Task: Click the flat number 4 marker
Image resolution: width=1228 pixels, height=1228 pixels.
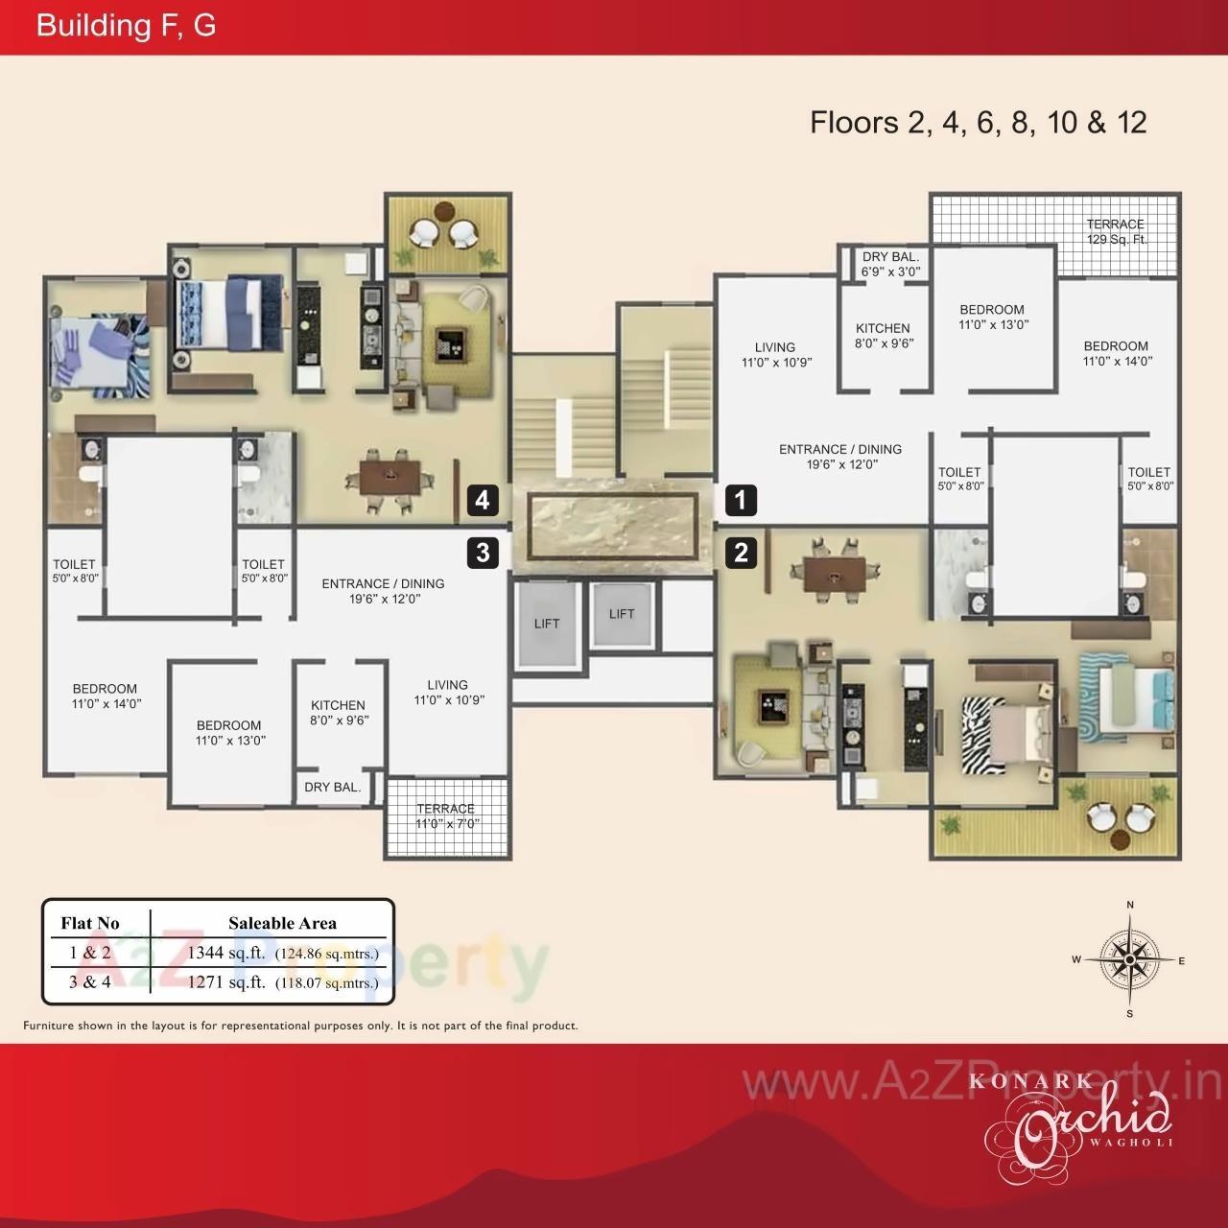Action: (483, 500)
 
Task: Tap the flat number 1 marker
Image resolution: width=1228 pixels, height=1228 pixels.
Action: (741, 500)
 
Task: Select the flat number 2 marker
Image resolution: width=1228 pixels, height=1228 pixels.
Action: (741, 553)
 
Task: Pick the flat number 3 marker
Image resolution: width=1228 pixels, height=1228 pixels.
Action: (483, 553)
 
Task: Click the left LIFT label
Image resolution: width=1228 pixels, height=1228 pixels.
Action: (547, 624)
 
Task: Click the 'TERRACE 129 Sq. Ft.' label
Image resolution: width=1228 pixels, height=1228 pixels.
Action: (1116, 231)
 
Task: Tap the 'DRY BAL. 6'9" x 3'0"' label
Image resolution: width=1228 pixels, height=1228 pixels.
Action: (890, 264)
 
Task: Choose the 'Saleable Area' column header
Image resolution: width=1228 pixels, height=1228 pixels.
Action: (282, 923)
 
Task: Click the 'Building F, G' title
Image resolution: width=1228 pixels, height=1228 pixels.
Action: (126, 26)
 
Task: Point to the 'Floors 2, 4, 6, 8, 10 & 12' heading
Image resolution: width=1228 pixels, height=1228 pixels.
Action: (979, 123)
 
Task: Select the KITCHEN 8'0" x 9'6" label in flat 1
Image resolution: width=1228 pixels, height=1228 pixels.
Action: (883, 335)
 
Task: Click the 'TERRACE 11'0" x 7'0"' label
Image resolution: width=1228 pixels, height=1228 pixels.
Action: (446, 815)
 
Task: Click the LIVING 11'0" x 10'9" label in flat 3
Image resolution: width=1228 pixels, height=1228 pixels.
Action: (448, 692)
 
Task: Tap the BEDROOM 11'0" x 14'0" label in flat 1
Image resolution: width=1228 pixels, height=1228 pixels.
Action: (1116, 353)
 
